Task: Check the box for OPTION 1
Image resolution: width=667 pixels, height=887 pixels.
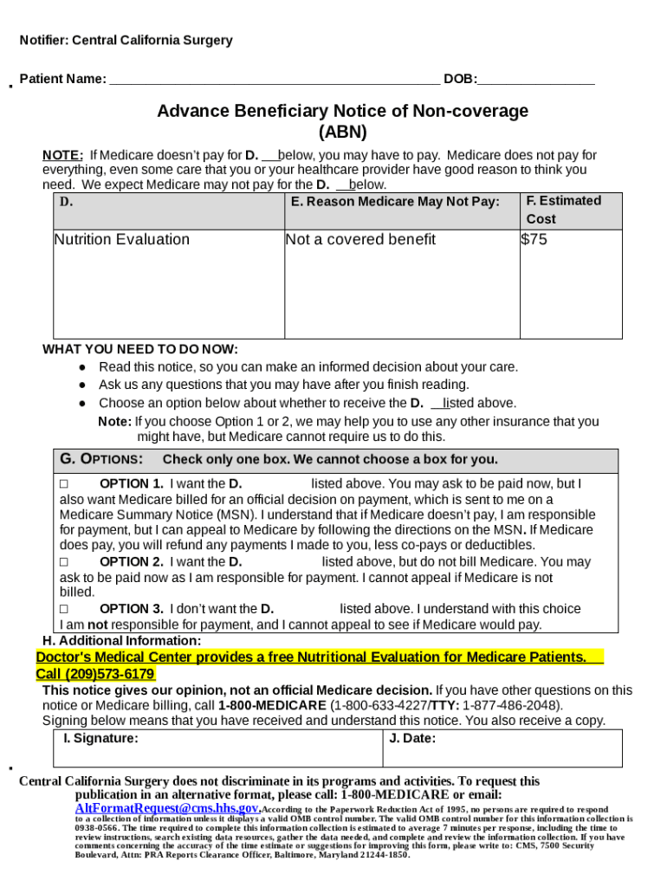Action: pyautogui.click(x=63, y=484)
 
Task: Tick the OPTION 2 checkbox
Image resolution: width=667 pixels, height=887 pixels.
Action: pyautogui.click(x=63, y=562)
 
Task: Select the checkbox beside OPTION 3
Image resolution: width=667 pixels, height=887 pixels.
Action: pyautogui.click(x=63, y=609)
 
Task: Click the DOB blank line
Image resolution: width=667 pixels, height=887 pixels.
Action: pyautogui.click(x=536, y=81)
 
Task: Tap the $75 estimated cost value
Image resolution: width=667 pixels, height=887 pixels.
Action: pyautogui.click(x=534, y=240)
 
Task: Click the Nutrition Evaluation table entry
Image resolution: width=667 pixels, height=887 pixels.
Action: pyautogui.click(x=122, y=240)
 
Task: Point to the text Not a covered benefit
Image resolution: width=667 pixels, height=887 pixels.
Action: pyautogui.click(x=360, y=240)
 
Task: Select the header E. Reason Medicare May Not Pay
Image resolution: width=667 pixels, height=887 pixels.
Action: pyautogui.click(x=395, y=202)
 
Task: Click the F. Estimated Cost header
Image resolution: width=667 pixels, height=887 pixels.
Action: pyautogui.click(x=563, y=210)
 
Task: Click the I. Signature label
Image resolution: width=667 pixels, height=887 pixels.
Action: pyautogui.click(x=100, y=739)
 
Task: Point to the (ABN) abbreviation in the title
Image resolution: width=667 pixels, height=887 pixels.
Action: pyautogui.click(x=342, y=133)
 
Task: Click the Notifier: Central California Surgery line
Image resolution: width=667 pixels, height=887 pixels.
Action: pyautogui.click(x=126, y=41)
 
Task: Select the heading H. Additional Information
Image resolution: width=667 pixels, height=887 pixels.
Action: pyautogui.click(x=121, y=641)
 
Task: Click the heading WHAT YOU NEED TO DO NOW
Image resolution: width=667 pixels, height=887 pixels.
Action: pyautogui.click(x=140, y=349)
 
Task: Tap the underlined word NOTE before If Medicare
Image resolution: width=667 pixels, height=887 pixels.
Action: pyautogui.click(x=63, y=156)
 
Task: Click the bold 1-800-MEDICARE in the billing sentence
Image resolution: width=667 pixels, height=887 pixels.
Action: pyautogui.click(x=272, y=705)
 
